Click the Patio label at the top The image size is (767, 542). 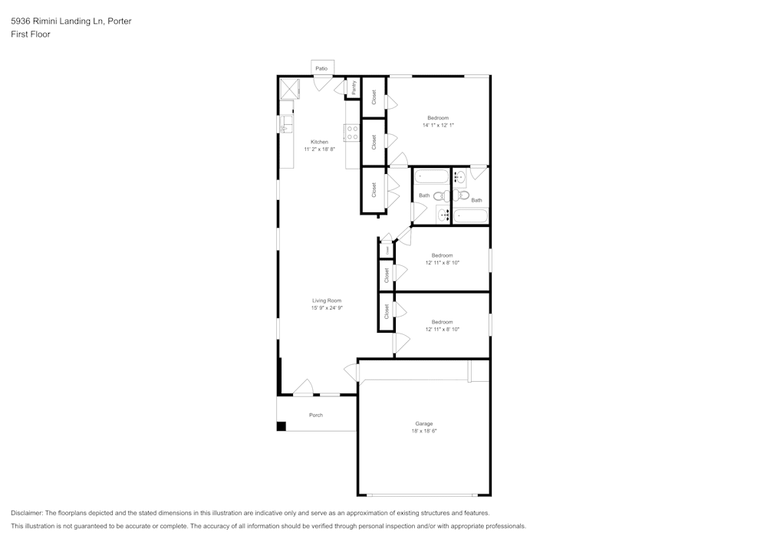(321, 69)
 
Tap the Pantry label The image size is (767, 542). (354, 89)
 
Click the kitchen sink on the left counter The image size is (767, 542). (285, 123)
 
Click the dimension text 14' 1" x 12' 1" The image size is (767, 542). (438, 125)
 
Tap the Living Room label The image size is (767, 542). (327, 301)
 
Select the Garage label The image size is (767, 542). (424, 423)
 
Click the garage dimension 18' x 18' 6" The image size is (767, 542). (424, 431)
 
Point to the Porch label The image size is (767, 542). (316, 415)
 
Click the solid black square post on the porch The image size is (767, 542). (281, 426)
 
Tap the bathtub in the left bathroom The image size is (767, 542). (432, 178)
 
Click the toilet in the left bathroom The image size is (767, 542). (441, 196)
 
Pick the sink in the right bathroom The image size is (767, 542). (460, 179)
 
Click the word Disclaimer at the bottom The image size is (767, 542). (27, 513)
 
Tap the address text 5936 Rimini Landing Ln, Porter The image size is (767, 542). (71, 21)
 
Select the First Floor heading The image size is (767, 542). (31, 34)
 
